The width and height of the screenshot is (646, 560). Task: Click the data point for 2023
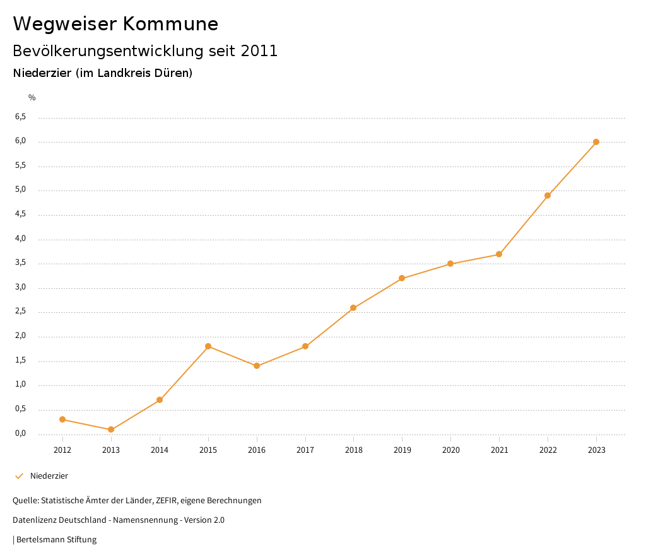(x=596, y=142)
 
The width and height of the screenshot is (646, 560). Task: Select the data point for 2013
(x=111, y=429)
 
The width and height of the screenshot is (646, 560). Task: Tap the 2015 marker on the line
(x=208, y=346)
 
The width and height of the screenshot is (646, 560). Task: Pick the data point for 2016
(x=257, y=366)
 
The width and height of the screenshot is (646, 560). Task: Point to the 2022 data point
(x=548, y=195)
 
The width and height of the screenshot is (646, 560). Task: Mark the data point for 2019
(x=402, y=278)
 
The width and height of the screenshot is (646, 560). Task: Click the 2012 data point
(x=62, y=419)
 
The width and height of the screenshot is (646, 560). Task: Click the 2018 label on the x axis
(x=353, y=450)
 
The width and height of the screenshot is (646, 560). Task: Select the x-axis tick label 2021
(x=499, y=450)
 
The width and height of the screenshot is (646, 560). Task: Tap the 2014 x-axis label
(x=160, y=450)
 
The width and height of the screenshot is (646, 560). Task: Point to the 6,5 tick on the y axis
(x=21, y=117)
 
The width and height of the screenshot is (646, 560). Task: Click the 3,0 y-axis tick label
(x=21, y=288)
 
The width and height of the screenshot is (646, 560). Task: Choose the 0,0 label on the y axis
(x=21, y=433)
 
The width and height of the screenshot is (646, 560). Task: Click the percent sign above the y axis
(x=32, y=98)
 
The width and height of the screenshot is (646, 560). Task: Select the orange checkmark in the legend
(x=19, y=476)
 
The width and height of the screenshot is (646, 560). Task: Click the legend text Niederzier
(x=49, y=476)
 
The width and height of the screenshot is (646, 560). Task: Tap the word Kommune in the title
(x=170, y=24)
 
